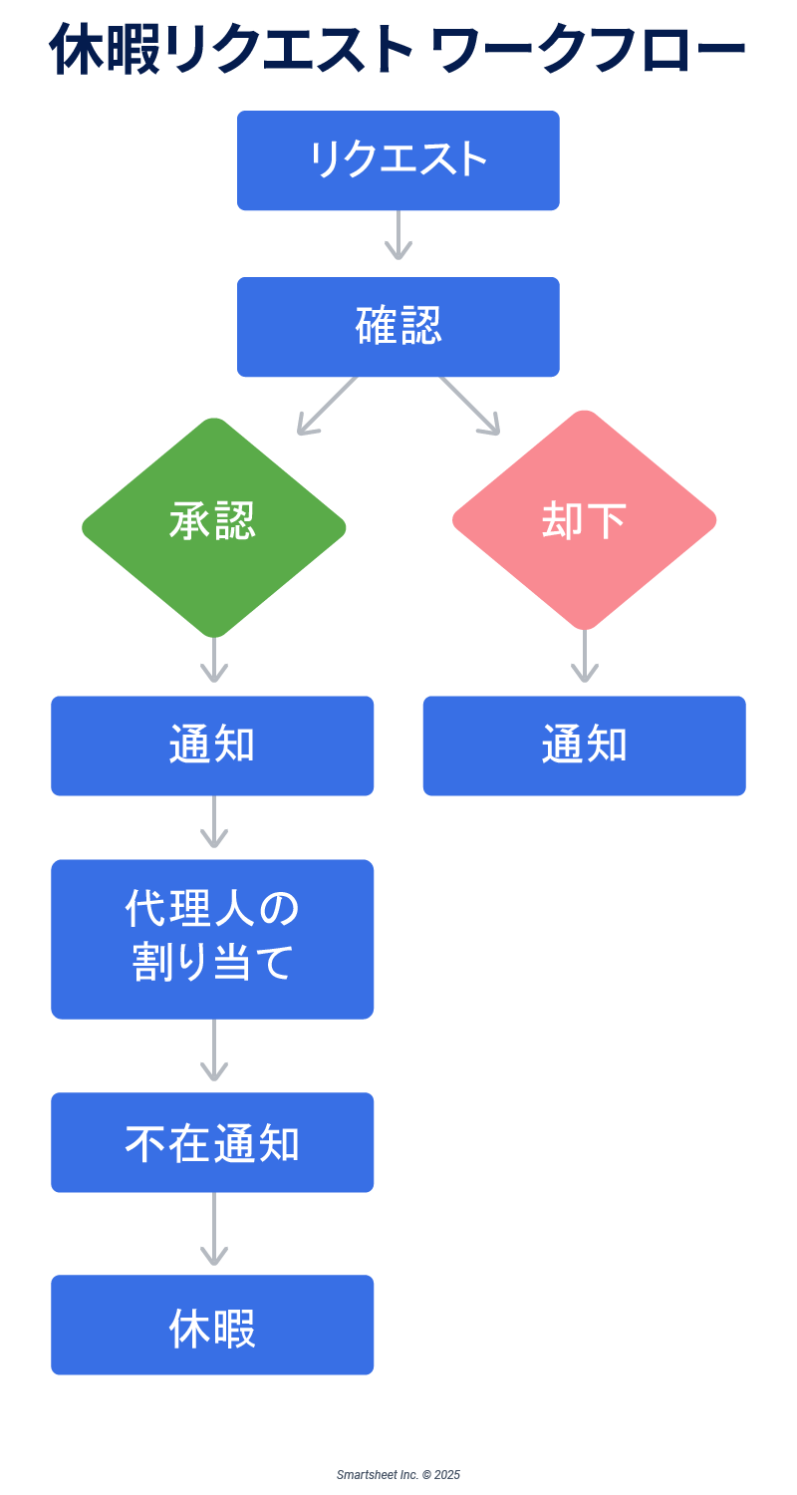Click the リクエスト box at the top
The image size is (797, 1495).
click(398, 160)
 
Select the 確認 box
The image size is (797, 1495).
click(398, 327)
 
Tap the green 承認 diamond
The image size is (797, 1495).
click(213, 526)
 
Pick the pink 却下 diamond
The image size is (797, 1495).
click(585, 519)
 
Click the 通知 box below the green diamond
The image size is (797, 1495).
click(212, 746)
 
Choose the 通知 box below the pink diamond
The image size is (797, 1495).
click(585, 746)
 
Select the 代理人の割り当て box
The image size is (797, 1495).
click(212, 939)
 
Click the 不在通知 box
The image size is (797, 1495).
click(212, 1142)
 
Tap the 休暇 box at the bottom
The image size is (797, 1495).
click(212, 1325)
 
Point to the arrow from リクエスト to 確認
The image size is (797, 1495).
click(398, 236)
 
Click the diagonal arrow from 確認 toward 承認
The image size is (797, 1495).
click(327, 406)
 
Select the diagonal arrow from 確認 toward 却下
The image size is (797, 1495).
click(470, 406)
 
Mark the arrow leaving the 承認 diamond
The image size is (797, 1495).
click(213, 661)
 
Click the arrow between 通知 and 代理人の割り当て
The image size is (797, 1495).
click(213, 823)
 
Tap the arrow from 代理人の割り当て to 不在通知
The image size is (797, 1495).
click(213, 1051)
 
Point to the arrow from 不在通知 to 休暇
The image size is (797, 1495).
click(213, 1230)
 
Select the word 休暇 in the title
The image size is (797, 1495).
click(105, 50)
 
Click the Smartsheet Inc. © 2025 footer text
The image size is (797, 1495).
click(398, 1474)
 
